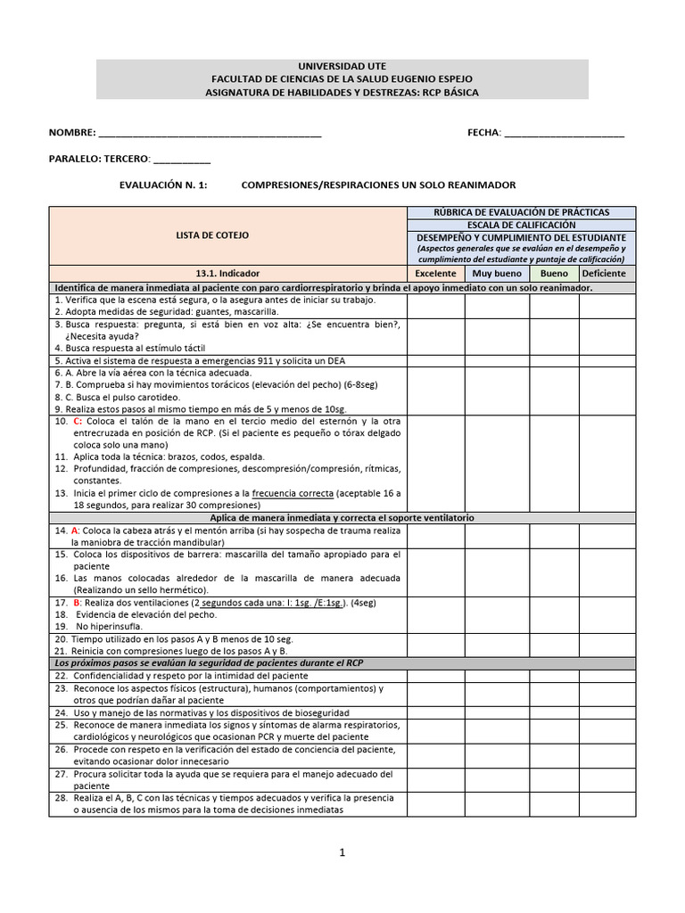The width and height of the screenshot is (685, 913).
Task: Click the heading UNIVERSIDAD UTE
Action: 342,67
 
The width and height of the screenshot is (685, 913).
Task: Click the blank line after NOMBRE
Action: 210,134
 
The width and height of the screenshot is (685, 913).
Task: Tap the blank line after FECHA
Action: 564,134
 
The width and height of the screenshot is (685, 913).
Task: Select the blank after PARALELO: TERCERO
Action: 182,160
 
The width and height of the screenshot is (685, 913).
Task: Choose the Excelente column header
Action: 435,274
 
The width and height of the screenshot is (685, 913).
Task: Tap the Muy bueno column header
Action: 497,274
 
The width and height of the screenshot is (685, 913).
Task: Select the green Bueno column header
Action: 554,274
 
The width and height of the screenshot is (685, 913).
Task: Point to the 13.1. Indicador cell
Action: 227,274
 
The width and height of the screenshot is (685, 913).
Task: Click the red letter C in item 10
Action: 78,420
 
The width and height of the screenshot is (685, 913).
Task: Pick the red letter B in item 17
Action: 77,603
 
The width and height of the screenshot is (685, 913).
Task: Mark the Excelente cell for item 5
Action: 435,360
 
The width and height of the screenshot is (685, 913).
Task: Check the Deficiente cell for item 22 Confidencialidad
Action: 607,676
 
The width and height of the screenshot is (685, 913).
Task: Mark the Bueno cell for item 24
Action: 554,712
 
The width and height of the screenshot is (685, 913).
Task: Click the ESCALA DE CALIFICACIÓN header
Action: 522,226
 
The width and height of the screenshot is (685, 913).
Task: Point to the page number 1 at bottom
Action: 342,852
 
